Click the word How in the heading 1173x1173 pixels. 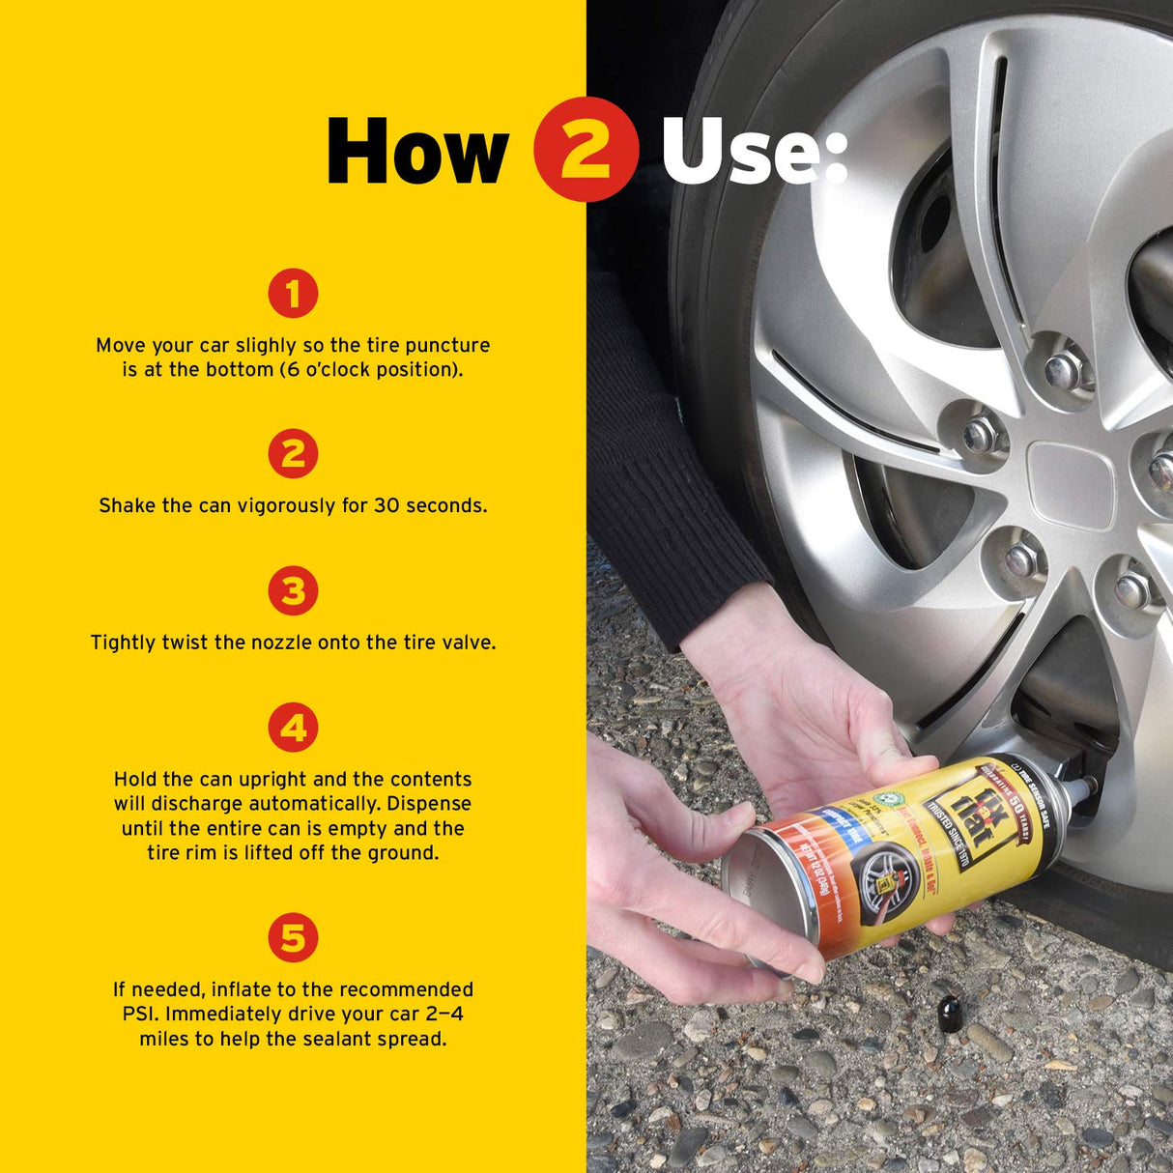[x=416, y=151]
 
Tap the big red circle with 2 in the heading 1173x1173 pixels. [x=586, y=150]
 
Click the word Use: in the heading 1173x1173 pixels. [x=754, y=152]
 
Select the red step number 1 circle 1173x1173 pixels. [x=293, y=293]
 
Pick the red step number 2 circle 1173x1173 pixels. [x=293, y=453]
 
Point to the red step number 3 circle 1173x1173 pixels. [x=293, y=590]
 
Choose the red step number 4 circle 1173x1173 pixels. [x=293, y=728]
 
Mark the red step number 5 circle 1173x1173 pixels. [x=293, y=937]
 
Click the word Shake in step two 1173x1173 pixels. [x=125, y=505]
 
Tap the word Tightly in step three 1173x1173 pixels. [x=124, y=643]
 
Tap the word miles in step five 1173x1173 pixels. [x=164, y=1040]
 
